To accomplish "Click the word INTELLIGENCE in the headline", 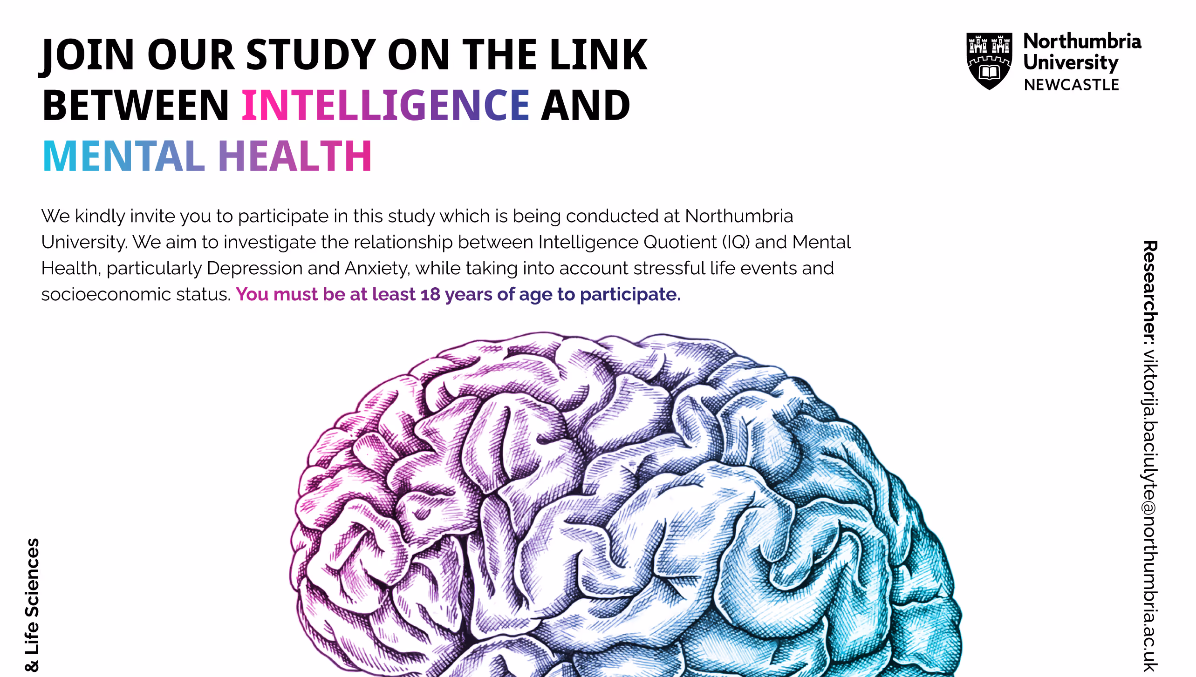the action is [386, 105].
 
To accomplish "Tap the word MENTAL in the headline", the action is [124, 156].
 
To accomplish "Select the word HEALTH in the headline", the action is [295, 156].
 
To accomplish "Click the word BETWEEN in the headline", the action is [136, 105].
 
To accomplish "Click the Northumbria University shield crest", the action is [989, 61].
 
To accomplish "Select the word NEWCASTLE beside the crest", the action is [1072, 85].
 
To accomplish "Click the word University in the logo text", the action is [1071, 63].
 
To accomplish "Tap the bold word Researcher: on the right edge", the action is [1150, 293].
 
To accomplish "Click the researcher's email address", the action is [1150, 510].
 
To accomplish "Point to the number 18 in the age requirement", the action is [430, 294].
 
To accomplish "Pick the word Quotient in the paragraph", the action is [680, 242].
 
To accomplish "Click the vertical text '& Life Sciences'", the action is [32, 605].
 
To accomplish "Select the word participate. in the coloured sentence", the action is [630, 295].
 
